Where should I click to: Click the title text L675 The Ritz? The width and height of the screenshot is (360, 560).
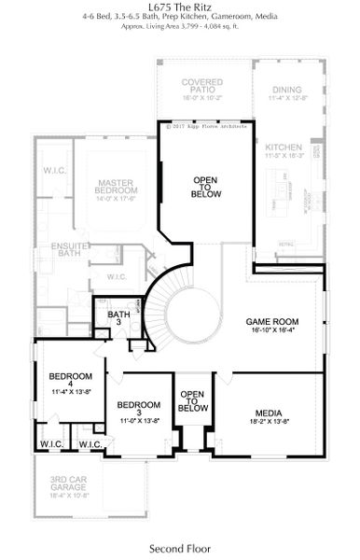[180, 7]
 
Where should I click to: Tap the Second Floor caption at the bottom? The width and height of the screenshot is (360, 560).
[180, 548]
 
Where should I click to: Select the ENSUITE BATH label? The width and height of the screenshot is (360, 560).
[68, 249]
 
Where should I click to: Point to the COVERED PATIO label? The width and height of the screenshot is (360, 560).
[202, 86]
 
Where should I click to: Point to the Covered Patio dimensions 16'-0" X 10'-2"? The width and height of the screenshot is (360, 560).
[202, 97]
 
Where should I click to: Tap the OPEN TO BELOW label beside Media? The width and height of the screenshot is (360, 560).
[192, 401]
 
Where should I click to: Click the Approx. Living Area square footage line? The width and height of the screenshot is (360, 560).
[180, 28]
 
